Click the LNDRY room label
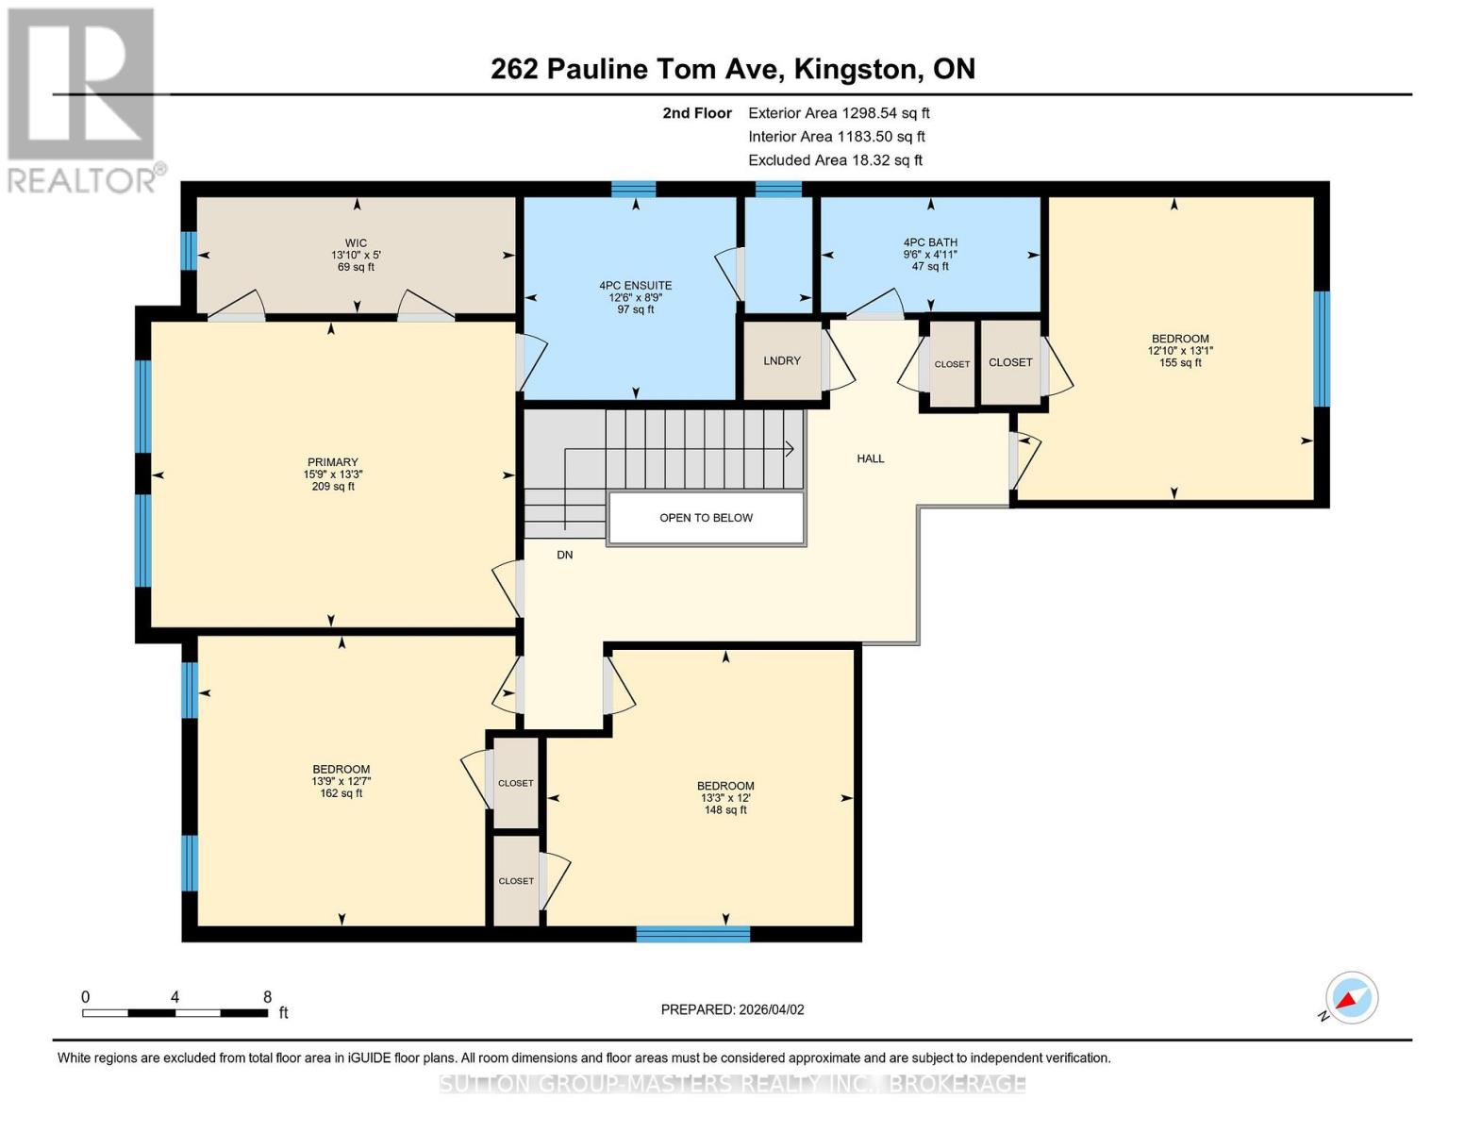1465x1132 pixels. point(782,360)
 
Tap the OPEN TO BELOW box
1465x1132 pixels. point(706,518)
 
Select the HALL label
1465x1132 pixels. point(871,458)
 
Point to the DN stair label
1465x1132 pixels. point(565,555)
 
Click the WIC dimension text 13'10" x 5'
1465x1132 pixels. point(356,255)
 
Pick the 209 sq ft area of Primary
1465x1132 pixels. point(333,486)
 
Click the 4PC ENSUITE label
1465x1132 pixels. point(636,285)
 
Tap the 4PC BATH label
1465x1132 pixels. point(930,242)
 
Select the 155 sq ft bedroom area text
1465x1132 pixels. point(1180,363)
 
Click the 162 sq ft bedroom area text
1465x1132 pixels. point(341,793)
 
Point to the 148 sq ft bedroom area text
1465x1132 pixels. point(725,809)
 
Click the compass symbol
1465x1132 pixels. point(1351,998)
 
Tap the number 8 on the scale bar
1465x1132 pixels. point(268,996)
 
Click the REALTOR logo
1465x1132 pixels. point(82,101)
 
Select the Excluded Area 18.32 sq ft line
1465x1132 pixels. point(835,159)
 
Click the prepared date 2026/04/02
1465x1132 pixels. point(772,1009)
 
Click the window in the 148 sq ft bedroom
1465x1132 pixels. point(693,934)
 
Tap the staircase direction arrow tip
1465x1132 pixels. point(793,449)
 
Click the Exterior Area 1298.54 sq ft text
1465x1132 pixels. point(839,113)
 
